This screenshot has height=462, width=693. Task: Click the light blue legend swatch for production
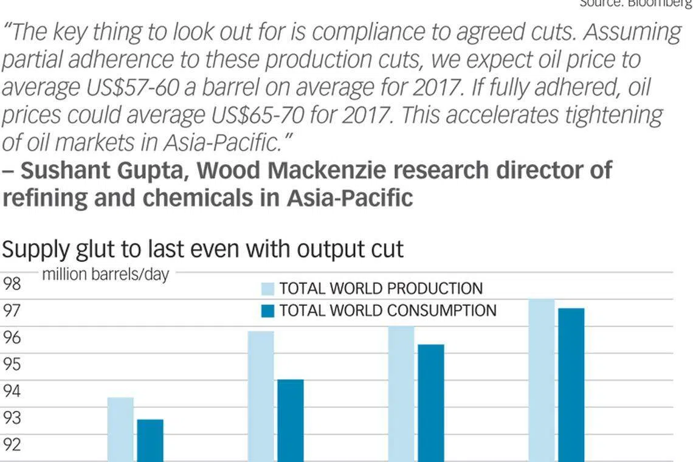click(x=268, y=288)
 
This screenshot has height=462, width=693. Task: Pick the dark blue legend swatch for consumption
click(x=268, y=311)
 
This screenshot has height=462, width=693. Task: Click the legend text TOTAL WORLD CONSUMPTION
click(x=388, y=311)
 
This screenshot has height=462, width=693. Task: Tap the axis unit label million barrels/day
click(x=105, y=275)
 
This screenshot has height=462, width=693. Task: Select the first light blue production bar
click(x=120, y=429)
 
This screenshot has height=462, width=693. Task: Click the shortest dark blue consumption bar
click(x=150, y=440)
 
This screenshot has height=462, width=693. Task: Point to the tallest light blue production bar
click(x=542, y=380)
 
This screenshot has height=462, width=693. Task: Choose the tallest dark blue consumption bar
click(x=571, y=385)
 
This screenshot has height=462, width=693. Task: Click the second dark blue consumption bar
click(x=291, y=420)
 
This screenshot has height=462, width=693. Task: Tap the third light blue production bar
click(x=401, y=393)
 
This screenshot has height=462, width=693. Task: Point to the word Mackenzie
click(x=323, y=171)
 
